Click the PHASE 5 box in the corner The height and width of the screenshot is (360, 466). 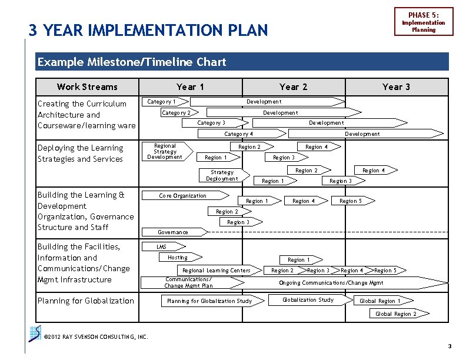tap(424, 22)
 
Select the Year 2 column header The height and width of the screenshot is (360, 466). tap(293, 87)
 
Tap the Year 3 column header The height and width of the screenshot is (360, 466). tap(396, 87)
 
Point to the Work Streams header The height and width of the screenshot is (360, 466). tap(87, 87)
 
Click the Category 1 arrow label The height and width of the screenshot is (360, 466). tap(161, 102)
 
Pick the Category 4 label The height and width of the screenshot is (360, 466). tap(239, 134)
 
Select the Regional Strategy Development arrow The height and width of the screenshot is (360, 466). tap(165, 151)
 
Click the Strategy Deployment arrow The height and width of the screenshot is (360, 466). tap(222, 175)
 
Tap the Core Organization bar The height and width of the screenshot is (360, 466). tap(183, 196)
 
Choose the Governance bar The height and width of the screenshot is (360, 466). tap(173, 232)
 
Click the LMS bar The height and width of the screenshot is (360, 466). tap(161, 247)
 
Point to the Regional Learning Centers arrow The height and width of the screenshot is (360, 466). tap(217, 271)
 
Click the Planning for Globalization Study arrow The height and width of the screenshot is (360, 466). tap(209, 301)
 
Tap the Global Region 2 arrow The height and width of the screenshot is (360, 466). tap(396, 314)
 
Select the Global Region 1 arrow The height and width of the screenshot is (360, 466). tap(380, 301)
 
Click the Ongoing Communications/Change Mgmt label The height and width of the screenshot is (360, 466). tap(331, 283)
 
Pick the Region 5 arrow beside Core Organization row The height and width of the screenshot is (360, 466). tap(351, 201)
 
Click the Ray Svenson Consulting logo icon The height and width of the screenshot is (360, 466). tap(35, 333)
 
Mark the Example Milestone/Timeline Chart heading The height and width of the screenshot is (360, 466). tap(132, 62)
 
